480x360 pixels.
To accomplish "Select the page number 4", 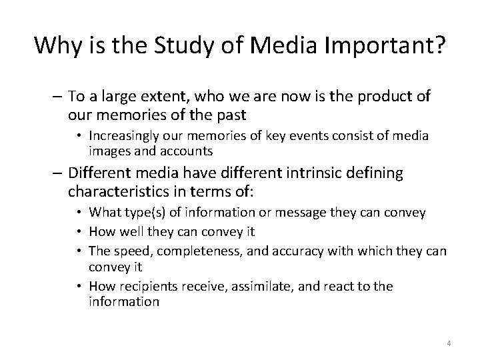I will [x=449, y=343].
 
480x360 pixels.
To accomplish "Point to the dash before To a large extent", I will [x=54, y=97].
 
